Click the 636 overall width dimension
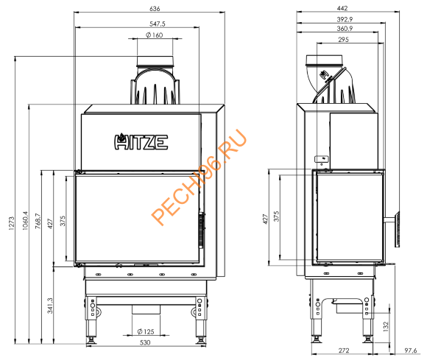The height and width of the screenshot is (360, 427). click(x=152, y=8)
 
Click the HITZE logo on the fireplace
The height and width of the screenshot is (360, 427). click(x=140, y=141)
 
